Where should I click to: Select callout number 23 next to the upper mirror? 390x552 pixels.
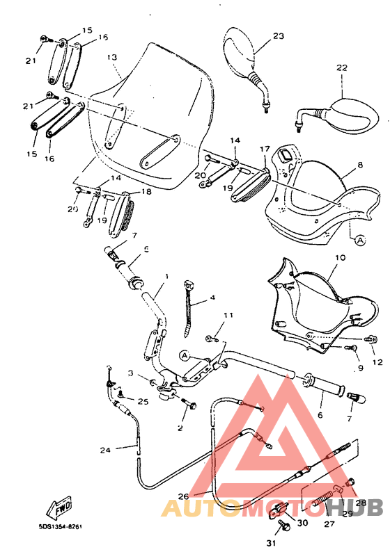click(x=278, y=35)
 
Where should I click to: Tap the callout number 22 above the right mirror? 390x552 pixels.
click(x=341, y=68)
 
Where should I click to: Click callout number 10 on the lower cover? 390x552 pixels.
click(x=340, y=257)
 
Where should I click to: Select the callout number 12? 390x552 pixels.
click(x=377, y=361)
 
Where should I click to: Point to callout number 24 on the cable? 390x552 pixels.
click(x=104, y=450)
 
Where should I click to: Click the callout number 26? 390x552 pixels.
click(x=183, y=496)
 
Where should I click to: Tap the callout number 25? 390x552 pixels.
click(x=143, y=401)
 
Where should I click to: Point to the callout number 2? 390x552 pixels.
click(x=180, y=428)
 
